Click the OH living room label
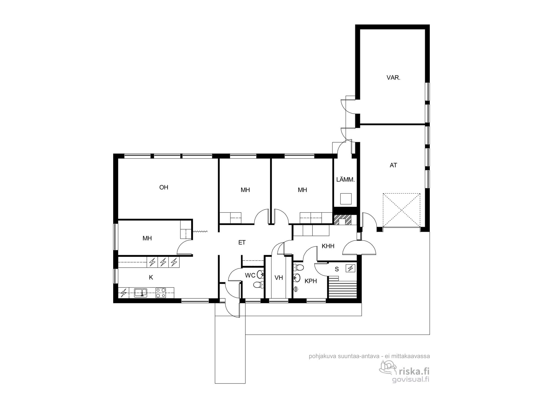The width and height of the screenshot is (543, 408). pos(164,187)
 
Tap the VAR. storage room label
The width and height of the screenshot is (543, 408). pos(393,78)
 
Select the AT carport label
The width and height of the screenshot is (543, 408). pos(393,165)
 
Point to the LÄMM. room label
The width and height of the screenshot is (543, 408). pos(345,180)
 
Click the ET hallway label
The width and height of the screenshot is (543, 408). pos(242,242)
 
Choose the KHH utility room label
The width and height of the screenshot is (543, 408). pos(328,246)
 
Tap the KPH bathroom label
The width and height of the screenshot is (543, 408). pos(311,281)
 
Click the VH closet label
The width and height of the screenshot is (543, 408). pos(279,278)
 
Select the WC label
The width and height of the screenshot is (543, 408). pos(250,276)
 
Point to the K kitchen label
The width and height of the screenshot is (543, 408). pos(151,277)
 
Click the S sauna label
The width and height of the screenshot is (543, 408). pos(337,269)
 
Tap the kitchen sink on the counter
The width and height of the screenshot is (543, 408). pos(141,293)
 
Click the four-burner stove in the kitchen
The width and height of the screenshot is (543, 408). pos(161,293)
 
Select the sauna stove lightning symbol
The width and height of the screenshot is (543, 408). pos(351,268)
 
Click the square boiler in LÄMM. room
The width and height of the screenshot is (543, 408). pos(346,199)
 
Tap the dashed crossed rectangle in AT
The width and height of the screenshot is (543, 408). pos(401,210)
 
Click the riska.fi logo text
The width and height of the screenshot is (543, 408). pos(413,371)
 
